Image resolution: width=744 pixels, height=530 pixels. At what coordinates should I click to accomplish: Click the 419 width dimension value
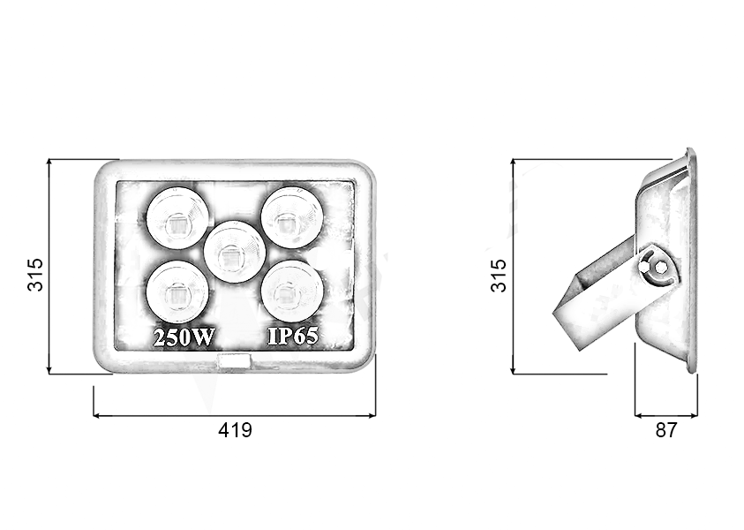click(x=235, y=431)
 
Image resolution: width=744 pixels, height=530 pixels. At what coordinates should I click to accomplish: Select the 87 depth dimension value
click(x=665, y=431)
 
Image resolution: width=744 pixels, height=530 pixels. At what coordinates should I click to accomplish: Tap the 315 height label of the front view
click(x=34, y=275)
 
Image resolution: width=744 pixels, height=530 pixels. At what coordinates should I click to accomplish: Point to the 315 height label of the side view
click(x=499, y=275)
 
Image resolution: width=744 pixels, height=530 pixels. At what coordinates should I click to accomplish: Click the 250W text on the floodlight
click(x=184, y=337)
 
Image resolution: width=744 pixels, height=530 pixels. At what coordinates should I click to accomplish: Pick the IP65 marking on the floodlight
click(x=293, y=337)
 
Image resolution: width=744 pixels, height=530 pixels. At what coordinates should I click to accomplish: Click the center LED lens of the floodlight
click(x=234, y=251)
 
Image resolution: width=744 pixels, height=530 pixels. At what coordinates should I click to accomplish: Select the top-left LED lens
click(x=178, y=217)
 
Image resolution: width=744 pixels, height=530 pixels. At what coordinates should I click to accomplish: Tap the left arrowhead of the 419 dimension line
click(x=96, y=415)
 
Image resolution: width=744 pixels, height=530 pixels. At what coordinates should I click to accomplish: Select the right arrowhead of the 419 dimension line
click(x=372, y=415)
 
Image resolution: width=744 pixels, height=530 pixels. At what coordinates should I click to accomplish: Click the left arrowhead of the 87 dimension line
click(x=638, y=413)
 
